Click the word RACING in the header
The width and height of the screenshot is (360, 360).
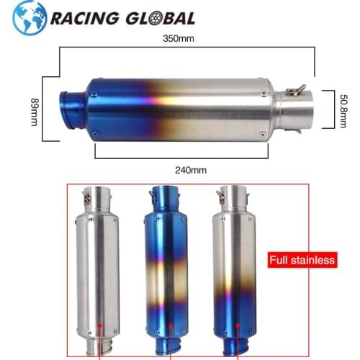[x=76, y=18]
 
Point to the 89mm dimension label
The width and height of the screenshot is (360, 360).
[x=33, y=112]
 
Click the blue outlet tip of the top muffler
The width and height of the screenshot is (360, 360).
[x=73, y=110]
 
